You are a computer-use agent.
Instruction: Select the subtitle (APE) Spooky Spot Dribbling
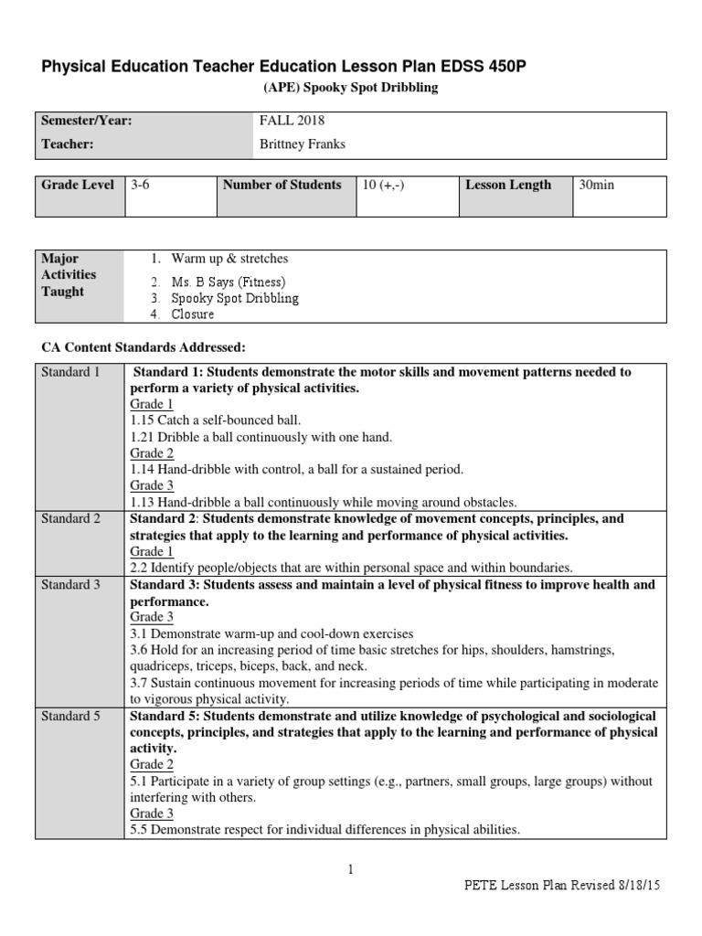(x=351, y=88)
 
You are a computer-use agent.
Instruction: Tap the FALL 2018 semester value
(x=292, y=121)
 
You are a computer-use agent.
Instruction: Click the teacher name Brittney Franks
(x=303, y=144)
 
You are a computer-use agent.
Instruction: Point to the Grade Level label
(x=78, y=185)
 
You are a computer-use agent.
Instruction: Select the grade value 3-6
(x=140, y=185)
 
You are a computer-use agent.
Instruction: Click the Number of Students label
(x=282, y=185)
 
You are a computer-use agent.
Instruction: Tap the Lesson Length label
(x=508, y=185)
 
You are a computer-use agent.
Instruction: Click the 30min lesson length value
(x=597, y=185)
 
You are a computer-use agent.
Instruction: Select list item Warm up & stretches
(x=229, y=259)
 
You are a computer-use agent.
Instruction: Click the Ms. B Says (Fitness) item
(x=229, y=282)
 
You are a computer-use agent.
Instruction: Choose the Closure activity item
(x=193, y=314)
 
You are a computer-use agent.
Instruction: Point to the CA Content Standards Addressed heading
(x=144, y=347)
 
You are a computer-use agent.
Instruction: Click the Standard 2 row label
(x=71, y=519)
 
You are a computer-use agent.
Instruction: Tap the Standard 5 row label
(x=71, y=717)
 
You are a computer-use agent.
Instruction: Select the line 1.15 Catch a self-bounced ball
(x=216, y=420)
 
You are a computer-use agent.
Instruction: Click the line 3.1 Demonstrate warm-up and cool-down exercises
(x=271, y=633)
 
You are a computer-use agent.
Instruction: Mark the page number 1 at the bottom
(x=350, y=870)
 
